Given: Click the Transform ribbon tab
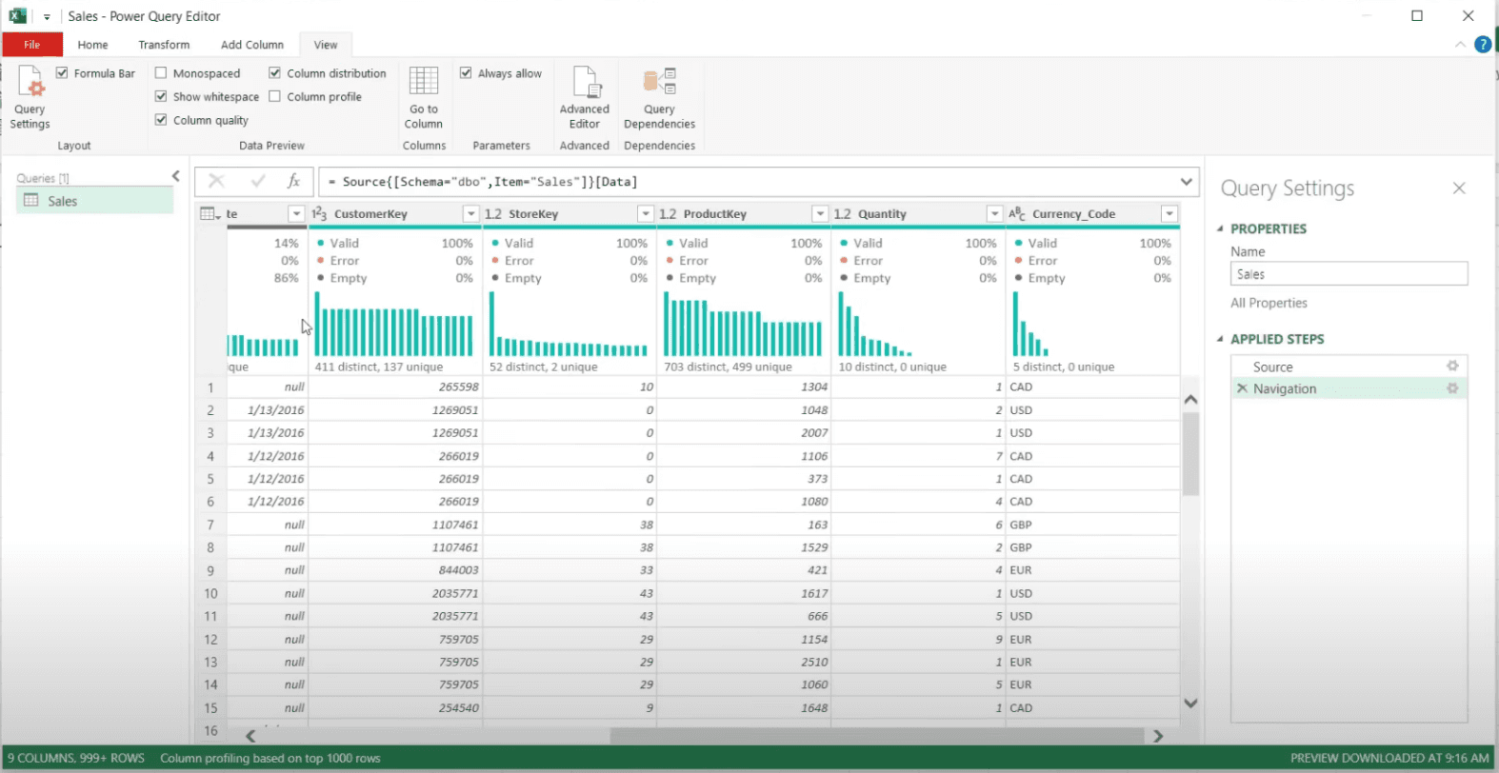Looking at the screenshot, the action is tap(164, 45).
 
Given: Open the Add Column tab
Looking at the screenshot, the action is tap(252, 45).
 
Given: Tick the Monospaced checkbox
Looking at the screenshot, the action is tap(161, 73).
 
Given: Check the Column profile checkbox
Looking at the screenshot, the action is tap(275, 96).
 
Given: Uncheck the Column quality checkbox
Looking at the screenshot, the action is tap(161, 120).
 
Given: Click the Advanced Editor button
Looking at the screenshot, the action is tap(584, 98).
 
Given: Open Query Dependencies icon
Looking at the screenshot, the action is tap(659, 82).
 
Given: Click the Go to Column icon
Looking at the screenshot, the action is tap(424, 82).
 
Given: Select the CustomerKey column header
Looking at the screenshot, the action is tap(370, 214).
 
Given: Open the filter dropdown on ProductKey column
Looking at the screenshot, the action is tap(820, 214).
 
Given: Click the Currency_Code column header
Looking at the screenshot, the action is tap(1073, 214).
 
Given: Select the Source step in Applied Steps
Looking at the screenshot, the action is tap(1272, 367).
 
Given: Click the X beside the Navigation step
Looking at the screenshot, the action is tap(1242, 388).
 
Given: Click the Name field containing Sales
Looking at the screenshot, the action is tap(1349, 274).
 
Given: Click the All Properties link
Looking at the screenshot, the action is tap(1269, 303).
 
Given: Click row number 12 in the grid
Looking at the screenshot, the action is tap(210, 640).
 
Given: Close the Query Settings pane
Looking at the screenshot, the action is tap(1459, 188).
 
